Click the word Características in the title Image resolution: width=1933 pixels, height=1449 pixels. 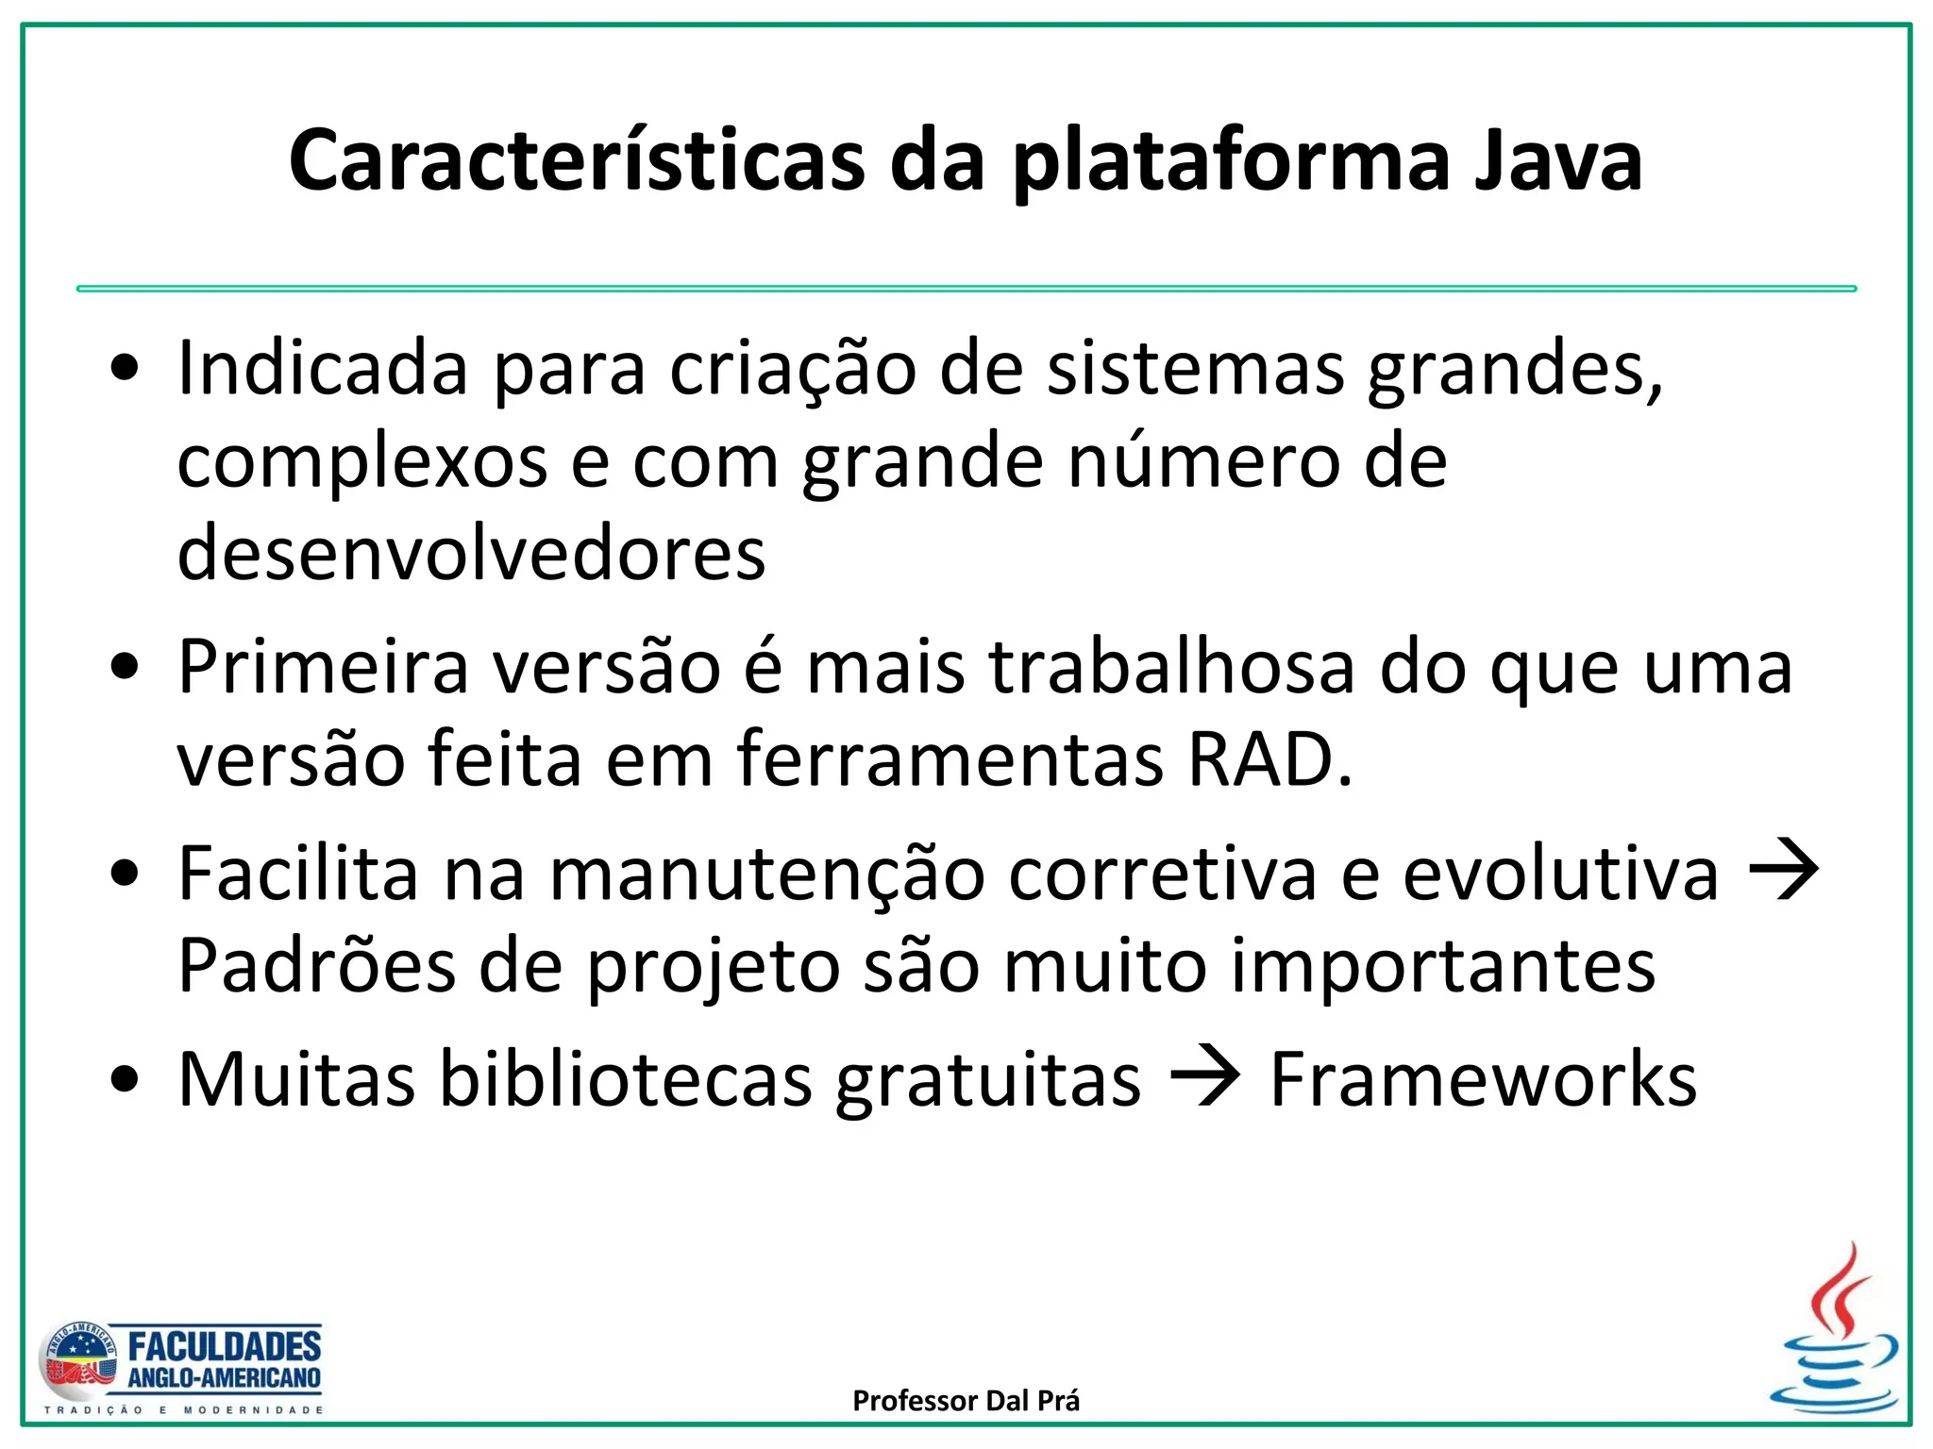[x=576, y=160]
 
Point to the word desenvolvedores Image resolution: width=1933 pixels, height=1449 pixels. [x=471, y=554]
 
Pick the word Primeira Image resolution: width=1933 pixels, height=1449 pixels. [x=323, y=667]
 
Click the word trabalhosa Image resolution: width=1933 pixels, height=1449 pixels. [x=1171, y=667]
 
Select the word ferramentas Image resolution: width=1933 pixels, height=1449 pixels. [x=950, y=759]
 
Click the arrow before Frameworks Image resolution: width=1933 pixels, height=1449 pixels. [x=1203, y=1078]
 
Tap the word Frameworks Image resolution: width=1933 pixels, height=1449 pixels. [x=1483, y=1078]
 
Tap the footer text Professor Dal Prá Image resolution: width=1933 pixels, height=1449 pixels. [x=966, y=1401]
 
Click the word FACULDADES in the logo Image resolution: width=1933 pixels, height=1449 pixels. [x=225, y=1346]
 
